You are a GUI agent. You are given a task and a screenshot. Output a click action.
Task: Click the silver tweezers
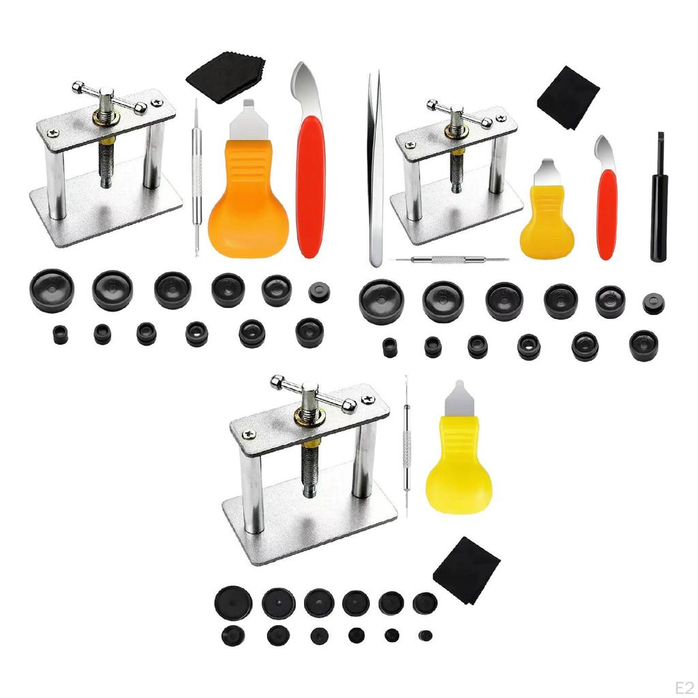pos(374,170)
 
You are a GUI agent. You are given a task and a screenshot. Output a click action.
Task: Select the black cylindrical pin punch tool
pos(658,204)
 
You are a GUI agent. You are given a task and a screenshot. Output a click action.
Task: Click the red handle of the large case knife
pos(310,184)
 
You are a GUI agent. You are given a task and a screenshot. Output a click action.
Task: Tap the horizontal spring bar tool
pos(450,260)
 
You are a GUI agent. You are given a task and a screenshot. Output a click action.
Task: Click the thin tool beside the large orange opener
pos(196,170)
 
